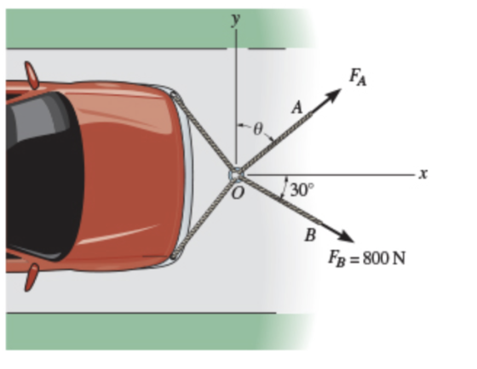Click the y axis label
[x=236, y=20]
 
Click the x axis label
[x=423, y=174]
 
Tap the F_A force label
[x=358, y=77]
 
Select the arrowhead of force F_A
[x=334, y=95]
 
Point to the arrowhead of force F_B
[x=347, y=236]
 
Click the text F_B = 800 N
[x=366, y=259]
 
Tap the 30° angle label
[x=302, y=190]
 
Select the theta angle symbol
[x=257, y=130]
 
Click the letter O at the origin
[x=238, y=193]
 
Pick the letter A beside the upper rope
[x=297, y=107]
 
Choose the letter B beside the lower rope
[x=310, y=235]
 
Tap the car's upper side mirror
[x=32, y=75]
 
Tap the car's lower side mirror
[x=32, y=277]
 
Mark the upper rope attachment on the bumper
[x=175, y=96]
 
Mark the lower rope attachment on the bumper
[x=175, y=254]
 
